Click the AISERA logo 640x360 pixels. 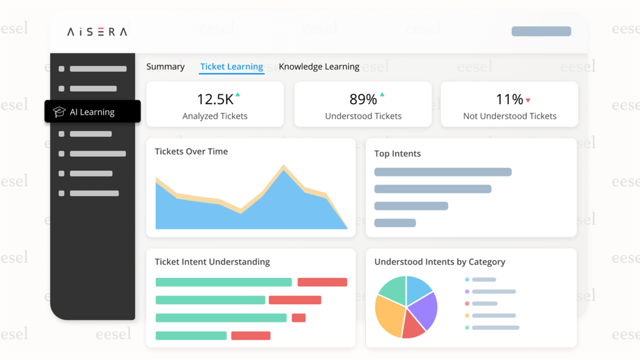(x=97, y=32)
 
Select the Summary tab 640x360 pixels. (x=165, y=67)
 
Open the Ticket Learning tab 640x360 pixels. (x=232, y=67)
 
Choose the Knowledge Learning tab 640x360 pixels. (x=319, y=67)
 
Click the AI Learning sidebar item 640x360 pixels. (x=92, y=112)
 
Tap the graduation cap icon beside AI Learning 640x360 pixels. (x=59, y=112)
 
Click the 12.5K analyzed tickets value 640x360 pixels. (x=215, y=99)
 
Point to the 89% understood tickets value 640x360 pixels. (x=363, y=99)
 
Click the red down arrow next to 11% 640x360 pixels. (x=528, y=101)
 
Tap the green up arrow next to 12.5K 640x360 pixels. (x=238, y=94)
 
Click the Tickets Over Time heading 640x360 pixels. (x=191, y=152)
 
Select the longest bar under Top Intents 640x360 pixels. (x=443, y=172)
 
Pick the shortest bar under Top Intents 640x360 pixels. (x=395, y=223)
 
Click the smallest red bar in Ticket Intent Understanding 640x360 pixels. (x=299, y=318)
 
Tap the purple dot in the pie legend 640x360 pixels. (x=467, y=292)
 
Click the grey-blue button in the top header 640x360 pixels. (x=541, y=31)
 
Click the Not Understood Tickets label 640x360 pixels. (x=510, y=116)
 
